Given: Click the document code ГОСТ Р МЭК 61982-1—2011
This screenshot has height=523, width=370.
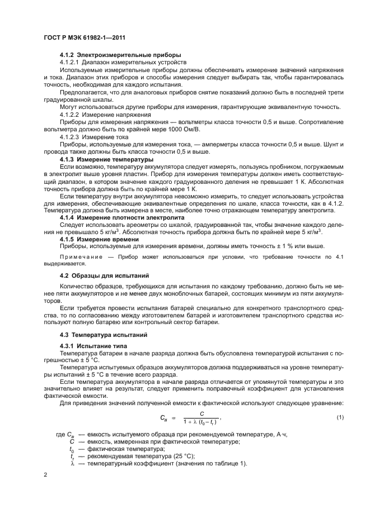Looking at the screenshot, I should point(83,37).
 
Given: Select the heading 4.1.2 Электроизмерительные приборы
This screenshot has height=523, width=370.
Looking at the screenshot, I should point(120,55).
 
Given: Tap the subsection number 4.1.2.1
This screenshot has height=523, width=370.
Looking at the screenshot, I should point(70,62).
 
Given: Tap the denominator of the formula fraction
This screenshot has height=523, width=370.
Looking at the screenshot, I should point(193,423).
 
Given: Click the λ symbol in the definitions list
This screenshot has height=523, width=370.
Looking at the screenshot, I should point(72,463).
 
